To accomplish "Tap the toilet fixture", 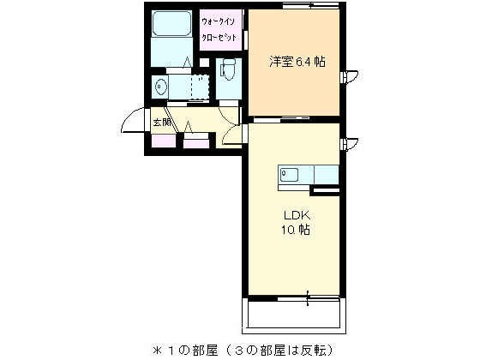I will pos(227,68).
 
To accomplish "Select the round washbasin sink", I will pos(159,85).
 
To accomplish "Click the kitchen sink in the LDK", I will pos(289,176).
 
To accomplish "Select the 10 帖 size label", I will pos(291,231).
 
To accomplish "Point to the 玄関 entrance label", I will pos(162,123).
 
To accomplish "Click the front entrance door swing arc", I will pos(131,123).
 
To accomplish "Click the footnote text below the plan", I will pos(243,349).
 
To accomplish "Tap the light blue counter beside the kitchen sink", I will pos(326,175).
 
